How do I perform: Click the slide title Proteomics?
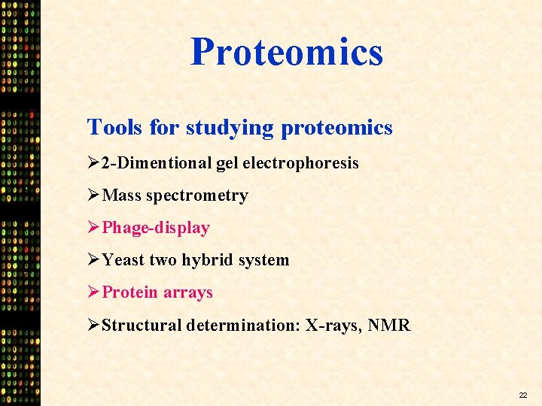(x=287, y=52)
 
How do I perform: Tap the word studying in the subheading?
(x=230, y=127)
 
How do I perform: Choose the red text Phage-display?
(x=156, y=228)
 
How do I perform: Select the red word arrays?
(x=189, y=292)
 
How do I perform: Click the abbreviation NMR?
(x=389, y=326)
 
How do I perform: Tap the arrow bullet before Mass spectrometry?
(x=94, y=195)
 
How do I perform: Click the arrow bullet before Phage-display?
(x=94, y=228)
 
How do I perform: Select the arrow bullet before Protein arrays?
(x=94, y=292)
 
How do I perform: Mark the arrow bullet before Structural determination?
(x=94, y=326)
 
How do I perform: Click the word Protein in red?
(x=130, y=292)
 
